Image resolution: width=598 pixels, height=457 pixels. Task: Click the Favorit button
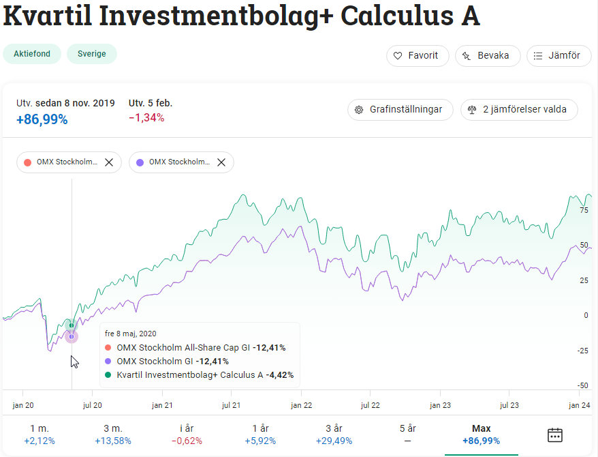point(418,56)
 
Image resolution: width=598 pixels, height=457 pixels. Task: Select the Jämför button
point(558,56)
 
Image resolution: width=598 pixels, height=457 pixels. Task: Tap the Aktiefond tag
point(32,54)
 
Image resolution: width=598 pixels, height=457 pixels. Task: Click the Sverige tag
point(91,54)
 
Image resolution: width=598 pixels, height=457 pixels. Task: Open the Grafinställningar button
point(400,109)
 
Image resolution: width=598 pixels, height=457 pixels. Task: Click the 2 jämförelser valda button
point(519,109)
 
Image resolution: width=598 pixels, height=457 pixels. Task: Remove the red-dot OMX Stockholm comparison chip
point(109,162)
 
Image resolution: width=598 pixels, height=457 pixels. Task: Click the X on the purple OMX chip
point(221,162)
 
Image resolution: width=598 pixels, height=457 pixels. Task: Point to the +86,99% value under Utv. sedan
point(42,119)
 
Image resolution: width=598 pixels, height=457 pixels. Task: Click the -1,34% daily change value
point(146,118)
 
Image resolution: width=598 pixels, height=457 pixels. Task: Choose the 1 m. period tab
point(40,434)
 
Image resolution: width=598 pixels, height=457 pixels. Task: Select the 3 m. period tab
point(112,434)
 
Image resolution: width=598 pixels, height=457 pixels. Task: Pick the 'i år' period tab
point(187,434)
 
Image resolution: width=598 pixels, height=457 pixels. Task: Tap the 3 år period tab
point(334,434)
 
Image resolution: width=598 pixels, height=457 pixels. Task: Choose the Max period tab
point(481,434)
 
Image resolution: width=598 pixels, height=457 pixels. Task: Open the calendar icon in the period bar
point(555,434)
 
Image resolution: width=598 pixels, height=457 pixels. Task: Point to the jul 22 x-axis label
point(370,404)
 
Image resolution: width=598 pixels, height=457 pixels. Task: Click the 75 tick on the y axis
point(584,211)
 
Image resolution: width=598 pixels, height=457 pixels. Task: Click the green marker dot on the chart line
point(72,325)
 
